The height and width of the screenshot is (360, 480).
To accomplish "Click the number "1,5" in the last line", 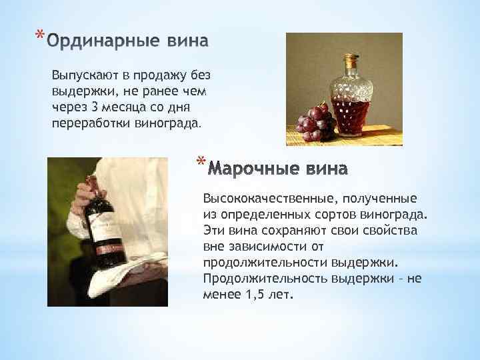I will pos(252,295).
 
